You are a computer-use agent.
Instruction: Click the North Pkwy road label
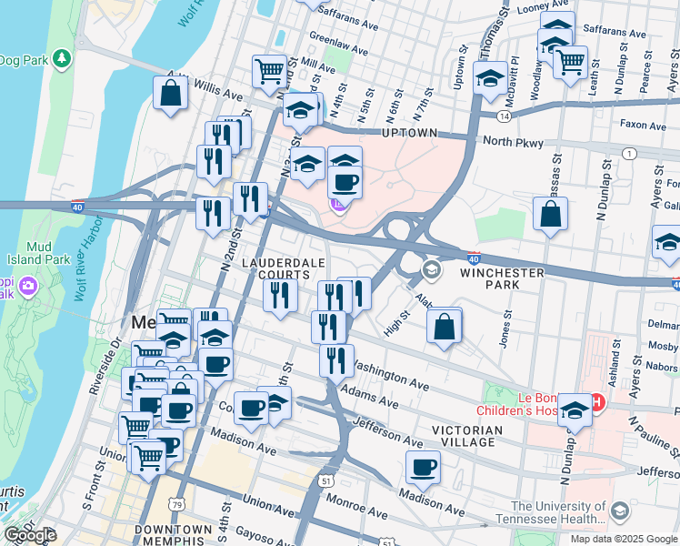(x=514, y=143)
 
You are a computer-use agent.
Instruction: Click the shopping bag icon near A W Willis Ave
(x=170, y=93)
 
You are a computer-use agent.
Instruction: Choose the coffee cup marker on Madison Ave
(x=423, y=468)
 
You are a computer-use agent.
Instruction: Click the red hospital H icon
(x=597, y=401)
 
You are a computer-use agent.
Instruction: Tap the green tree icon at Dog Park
(x=62, y=59)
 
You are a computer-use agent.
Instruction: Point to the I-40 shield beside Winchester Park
(x=475, y=259)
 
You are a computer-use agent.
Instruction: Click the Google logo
(x=29, y=536)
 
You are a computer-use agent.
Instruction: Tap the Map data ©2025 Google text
(x=623, y=538)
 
